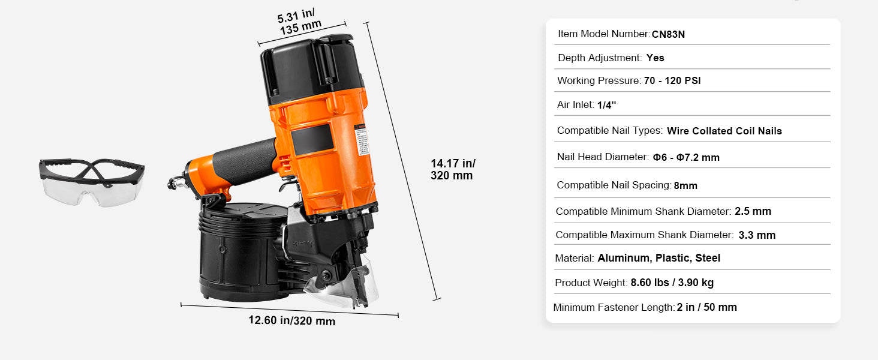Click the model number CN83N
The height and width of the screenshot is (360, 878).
668,34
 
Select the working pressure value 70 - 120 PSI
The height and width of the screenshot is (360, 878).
672,80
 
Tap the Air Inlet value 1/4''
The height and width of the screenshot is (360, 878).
606,105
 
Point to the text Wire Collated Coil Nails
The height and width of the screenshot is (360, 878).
724,131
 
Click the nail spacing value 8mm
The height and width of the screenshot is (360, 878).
685,185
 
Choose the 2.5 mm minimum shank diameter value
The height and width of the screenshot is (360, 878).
753,211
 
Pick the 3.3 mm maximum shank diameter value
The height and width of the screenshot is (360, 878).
757,235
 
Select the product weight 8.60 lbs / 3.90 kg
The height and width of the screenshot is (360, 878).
672,283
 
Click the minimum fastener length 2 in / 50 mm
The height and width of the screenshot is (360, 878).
706,307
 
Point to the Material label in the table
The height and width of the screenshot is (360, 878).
574,258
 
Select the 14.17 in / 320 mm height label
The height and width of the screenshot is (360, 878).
452,169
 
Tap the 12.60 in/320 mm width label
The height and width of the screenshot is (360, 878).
291,320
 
